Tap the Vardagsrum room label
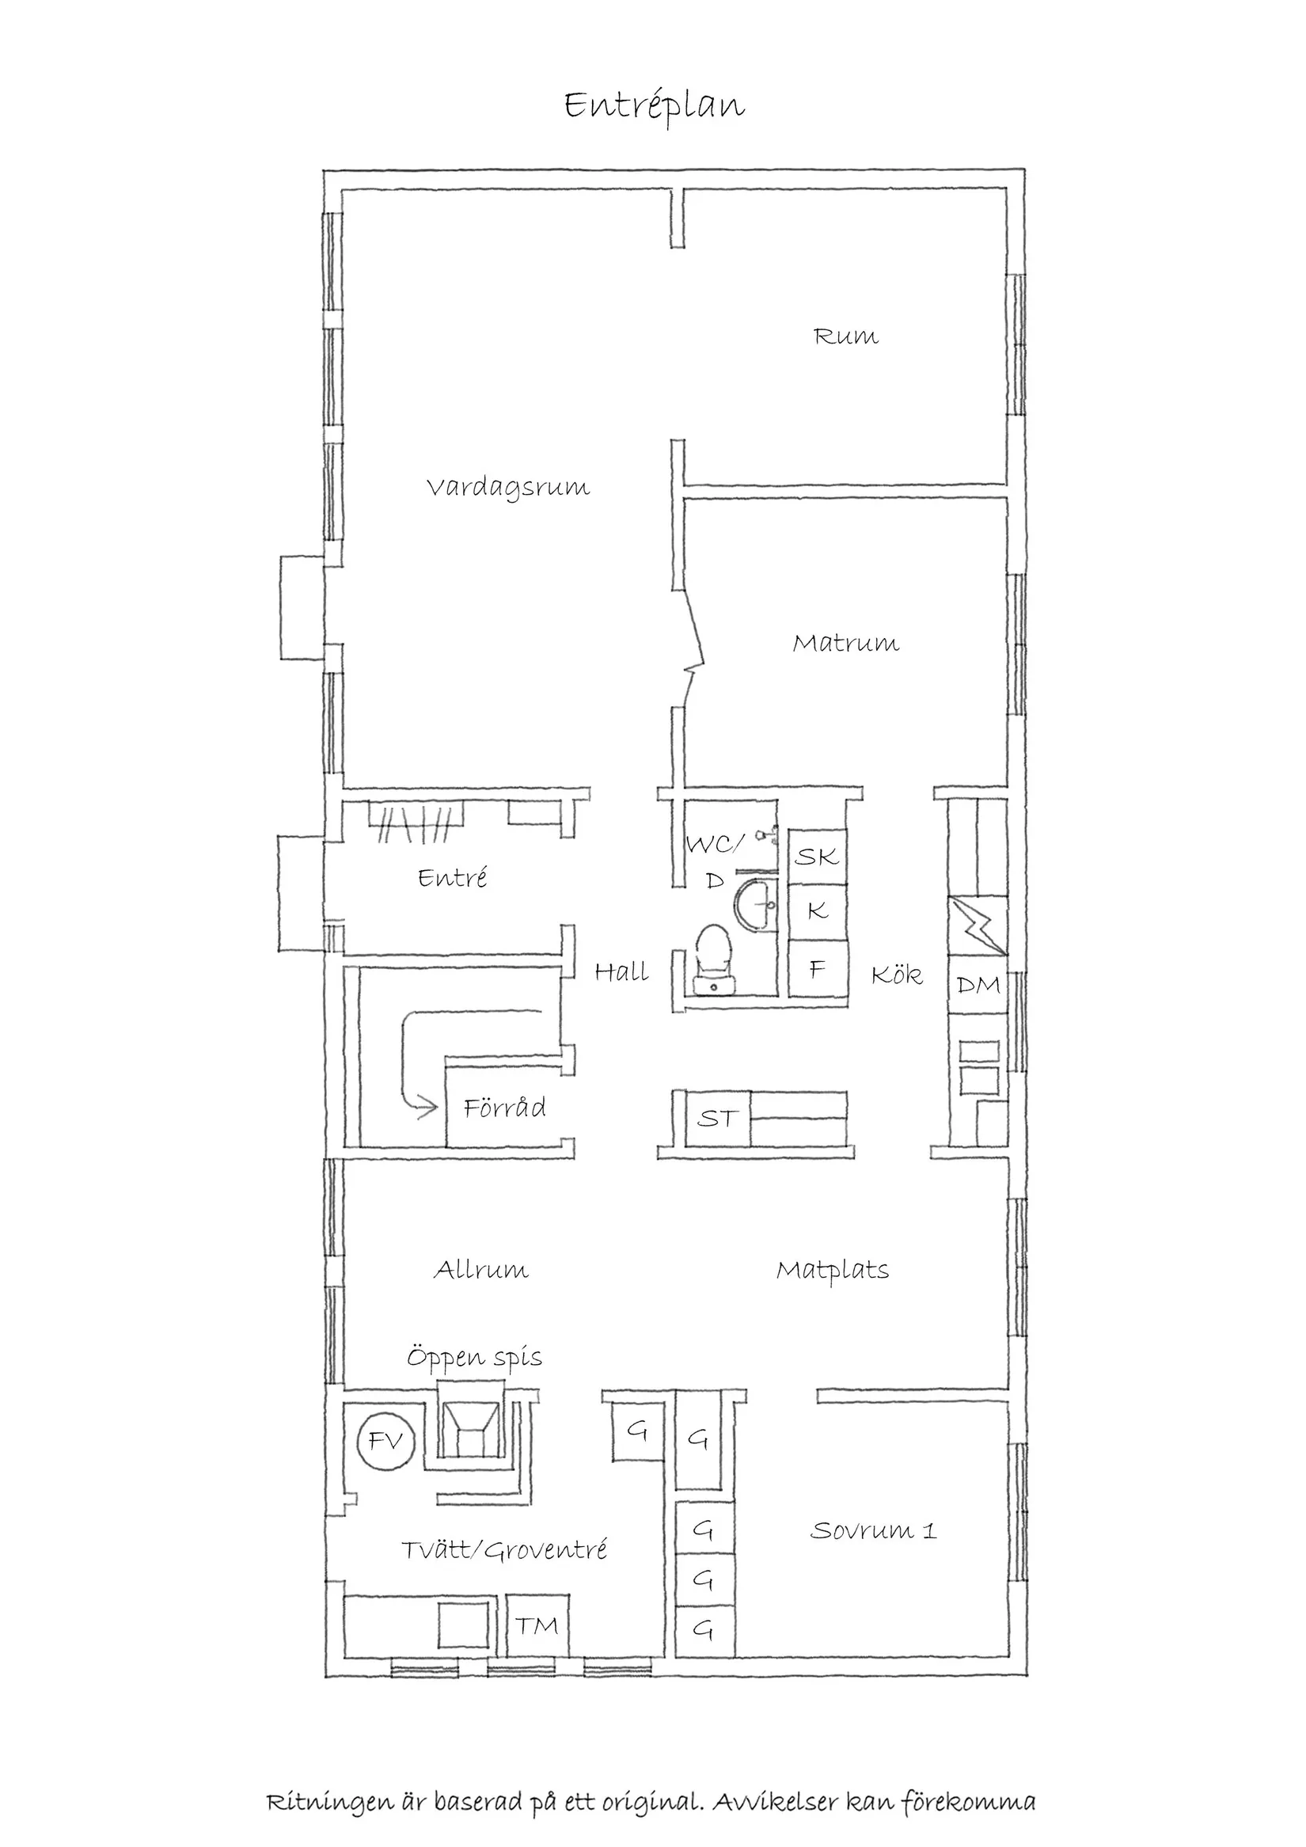[507, 488]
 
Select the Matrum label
[845, 643]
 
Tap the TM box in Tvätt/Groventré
[537, 1626]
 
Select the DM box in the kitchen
[978, 984]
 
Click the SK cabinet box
[817, 856]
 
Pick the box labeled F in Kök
[817, 969]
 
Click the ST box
[716, 1118]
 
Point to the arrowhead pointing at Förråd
[426, 1108]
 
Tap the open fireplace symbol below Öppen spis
[470, 1430]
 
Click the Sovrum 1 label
[872, 1530]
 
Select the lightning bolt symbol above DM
[978, 926]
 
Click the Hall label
[621, 971]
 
